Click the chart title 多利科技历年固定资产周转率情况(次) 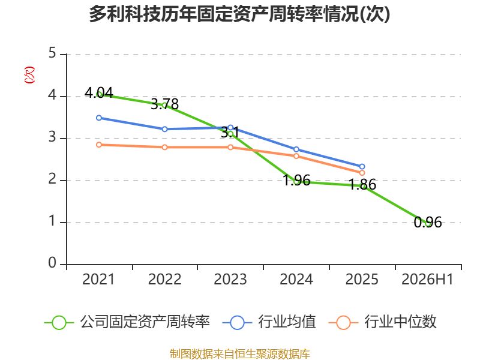[x=239, y=14]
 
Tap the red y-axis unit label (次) [x=29, y=75]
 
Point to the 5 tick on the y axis [x=52, y=53]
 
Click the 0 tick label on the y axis [x=52, y=263]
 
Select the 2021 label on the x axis [x=98, y=279]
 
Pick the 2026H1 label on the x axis [x=427, y=279]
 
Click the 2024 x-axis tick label [x=296, y=279]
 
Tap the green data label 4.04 [x=99, y=92]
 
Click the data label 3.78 [x=164, y=104]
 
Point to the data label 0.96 [x=428, y=222]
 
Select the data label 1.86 [x=362, y=184]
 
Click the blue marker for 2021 [x=99, y=118]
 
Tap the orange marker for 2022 [x=164, y=147]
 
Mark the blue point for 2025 [x=362, y=167]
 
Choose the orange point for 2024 [x=296, y=156]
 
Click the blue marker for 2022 [x=164, y=129]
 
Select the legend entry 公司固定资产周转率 [x=127, y=322]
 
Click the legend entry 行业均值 [x=269, y=322]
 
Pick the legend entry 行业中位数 [x=382, y=322]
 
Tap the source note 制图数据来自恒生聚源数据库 [x=240, y=354]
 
